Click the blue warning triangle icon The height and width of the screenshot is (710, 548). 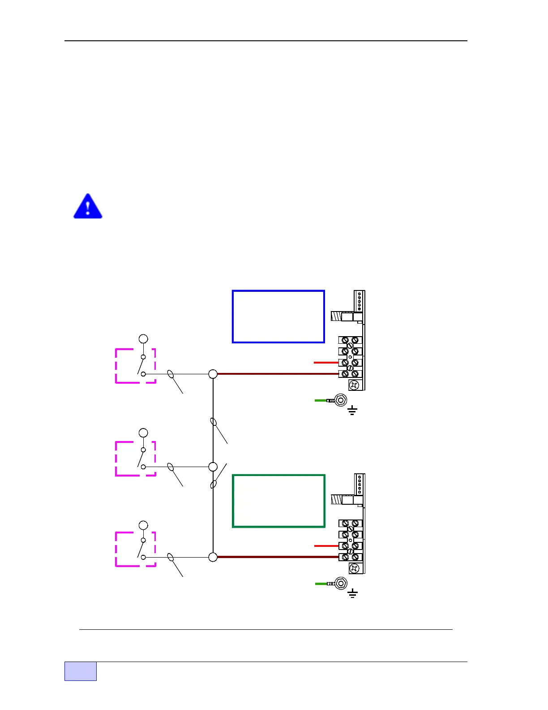[88, 207]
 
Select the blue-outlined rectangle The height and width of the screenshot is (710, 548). [278, 316]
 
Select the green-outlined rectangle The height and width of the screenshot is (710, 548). [278, 501]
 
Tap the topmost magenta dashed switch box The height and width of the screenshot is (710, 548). [135, 366]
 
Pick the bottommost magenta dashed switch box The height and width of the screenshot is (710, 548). [135, 549]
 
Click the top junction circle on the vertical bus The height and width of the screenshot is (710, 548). [213, 374]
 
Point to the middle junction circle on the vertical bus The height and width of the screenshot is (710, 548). [213, 467]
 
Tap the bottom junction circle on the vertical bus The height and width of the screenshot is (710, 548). [213, 557]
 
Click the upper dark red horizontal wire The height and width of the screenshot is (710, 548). [278, 374]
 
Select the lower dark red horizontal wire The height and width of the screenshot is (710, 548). [278, 557]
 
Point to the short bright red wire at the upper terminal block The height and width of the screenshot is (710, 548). [326, 362]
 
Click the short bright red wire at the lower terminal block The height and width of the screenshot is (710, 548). [326, 546]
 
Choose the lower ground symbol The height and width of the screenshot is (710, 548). [353, 594]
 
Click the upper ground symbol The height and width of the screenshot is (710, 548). [352, 410]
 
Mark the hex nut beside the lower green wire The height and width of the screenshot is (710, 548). [341, 584]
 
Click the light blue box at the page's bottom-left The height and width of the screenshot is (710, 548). [81, 671]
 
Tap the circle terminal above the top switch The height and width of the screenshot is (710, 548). [143, 338]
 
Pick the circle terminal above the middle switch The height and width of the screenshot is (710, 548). [143, 433]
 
